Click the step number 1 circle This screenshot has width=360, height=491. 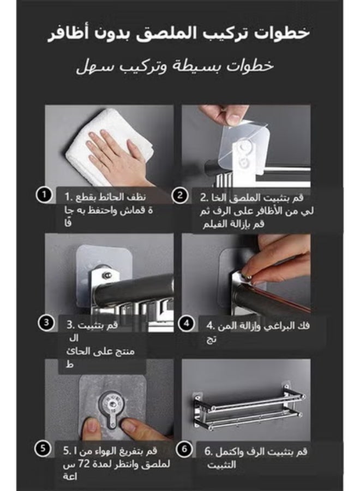[x=44, y=194]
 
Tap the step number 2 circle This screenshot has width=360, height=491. [x=179, y=195]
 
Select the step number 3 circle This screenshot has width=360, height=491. [x=47, y=322]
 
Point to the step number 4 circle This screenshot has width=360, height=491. [x=187, y=323]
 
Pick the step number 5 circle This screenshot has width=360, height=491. [x=43, y=449]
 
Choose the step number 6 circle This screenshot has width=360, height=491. [x=185, y=449]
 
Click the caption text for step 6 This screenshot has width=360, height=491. [x=256, y=458]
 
